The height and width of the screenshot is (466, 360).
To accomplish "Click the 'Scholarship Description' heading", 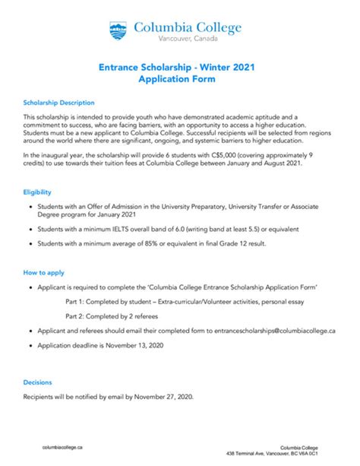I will coord(58,102).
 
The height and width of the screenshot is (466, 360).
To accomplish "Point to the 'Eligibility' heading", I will coord(36,192).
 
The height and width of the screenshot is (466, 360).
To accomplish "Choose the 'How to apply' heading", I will coord(43,272).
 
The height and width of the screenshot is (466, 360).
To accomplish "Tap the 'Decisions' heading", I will coord(38,382).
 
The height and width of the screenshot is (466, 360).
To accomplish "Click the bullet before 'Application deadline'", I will coord(29,346).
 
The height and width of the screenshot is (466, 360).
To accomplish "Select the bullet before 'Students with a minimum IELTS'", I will coord(29,228).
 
